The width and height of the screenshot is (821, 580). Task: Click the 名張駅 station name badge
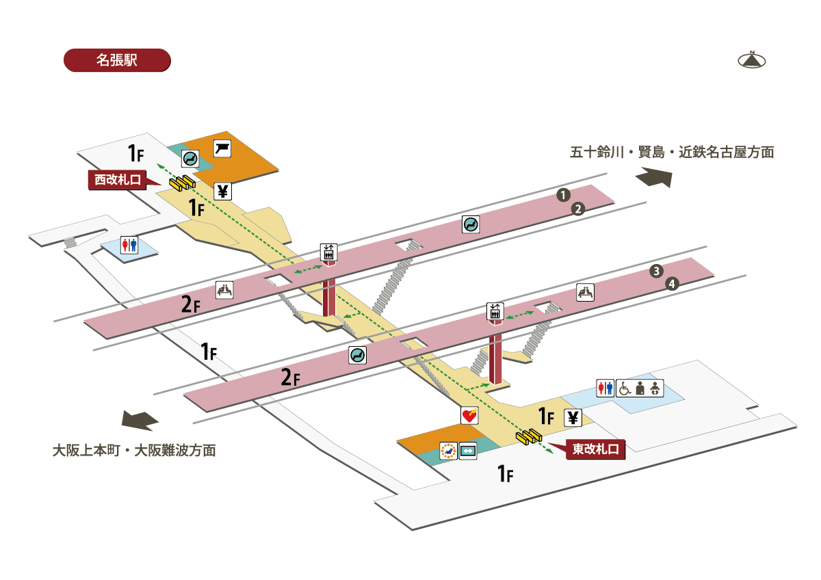(x=116, y=60)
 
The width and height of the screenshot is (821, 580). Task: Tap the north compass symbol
(x=751, y=60)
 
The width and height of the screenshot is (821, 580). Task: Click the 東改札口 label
(x=595, y=449)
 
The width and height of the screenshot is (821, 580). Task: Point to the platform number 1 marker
(x=562, y=194)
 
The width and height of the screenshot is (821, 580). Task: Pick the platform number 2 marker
(x=578, y=209)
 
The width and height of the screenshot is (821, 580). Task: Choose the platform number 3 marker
(x=656, y=271)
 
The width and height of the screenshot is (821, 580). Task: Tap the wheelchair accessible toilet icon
(x=625, y=388)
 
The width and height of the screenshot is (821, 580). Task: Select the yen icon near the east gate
(x=573, y=417)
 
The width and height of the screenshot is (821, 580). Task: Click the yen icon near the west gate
(x=222, y=191)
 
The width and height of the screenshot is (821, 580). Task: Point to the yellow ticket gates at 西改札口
(x=183, y=183)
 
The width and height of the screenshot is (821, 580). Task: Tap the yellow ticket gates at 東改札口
(x=530, y=435)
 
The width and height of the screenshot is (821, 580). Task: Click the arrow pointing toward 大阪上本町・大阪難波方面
(x=140, y=420)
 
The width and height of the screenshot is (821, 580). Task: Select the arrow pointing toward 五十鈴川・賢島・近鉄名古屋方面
(x=654, y=178)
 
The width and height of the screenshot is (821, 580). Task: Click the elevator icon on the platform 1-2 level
(x=328, y=252)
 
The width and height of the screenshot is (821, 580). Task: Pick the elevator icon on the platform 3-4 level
(x=495, y=312)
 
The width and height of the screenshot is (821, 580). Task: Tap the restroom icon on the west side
(x=129, y=245)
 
